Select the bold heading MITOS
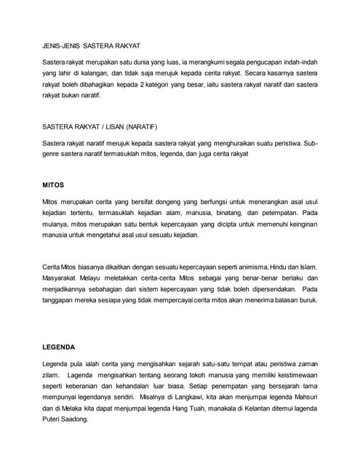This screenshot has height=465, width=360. click(53, 185)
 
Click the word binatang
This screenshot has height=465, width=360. click(223, 214)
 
